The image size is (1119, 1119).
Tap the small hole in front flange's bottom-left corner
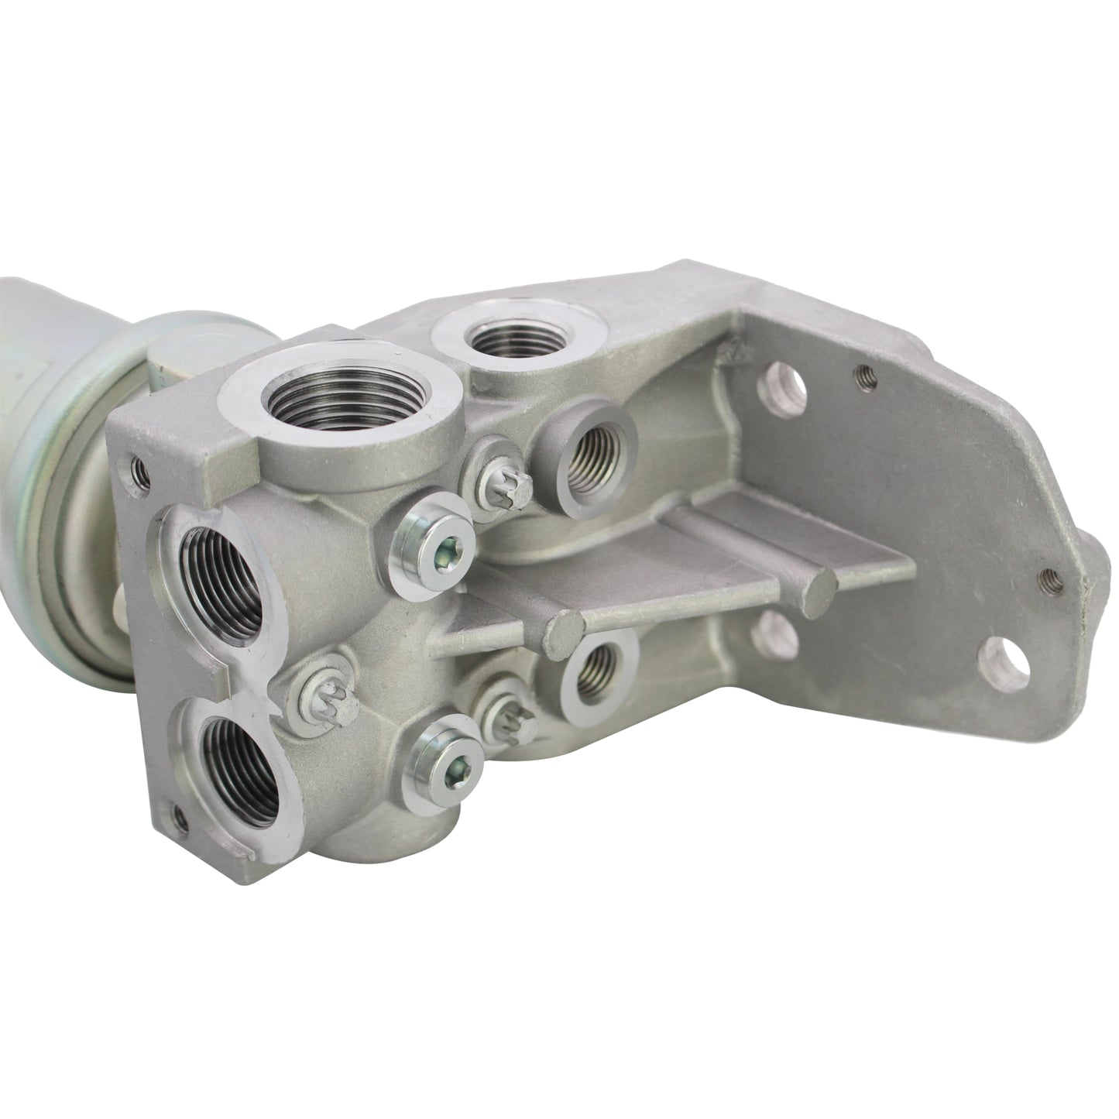point(180,815)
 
